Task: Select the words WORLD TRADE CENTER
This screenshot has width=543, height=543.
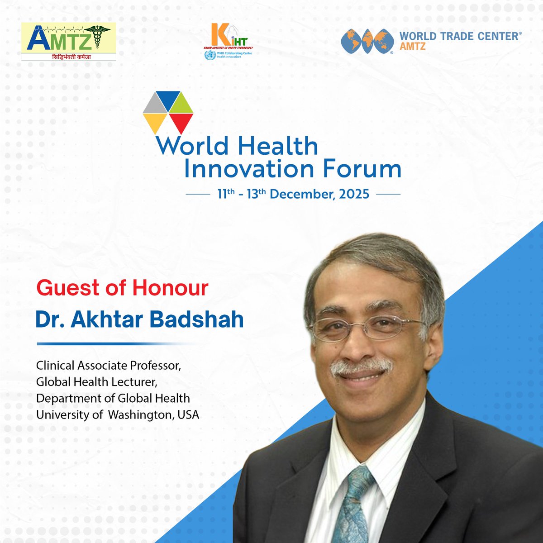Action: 459,37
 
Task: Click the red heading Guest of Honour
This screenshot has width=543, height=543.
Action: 122,288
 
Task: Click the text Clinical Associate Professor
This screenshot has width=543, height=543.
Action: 109,365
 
